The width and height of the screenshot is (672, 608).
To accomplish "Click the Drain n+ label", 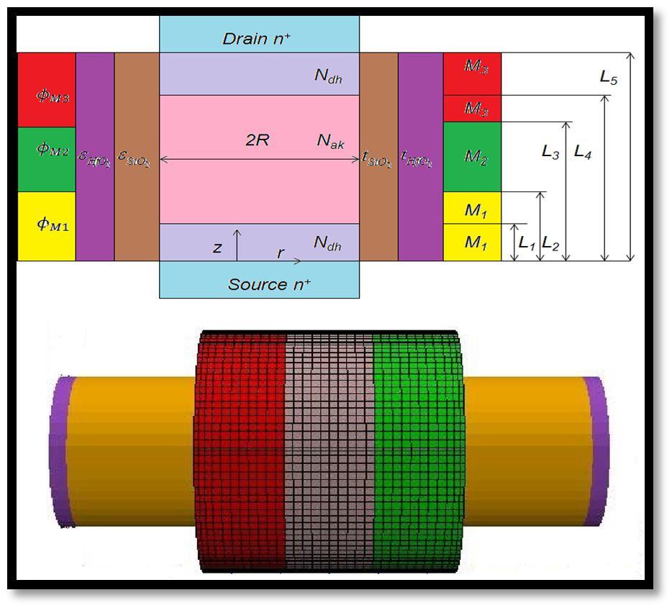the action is coord(257,38).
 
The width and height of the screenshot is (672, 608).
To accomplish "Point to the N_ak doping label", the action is coord(330,142).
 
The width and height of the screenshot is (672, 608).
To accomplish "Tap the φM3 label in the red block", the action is coord(53,96).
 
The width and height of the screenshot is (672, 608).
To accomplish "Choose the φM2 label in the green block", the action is coord(53,150).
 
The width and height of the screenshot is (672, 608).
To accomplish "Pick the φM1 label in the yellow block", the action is coord(53,224).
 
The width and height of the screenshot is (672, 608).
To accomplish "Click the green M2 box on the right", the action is coord(472,157).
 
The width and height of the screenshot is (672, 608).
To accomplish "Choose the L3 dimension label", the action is coord(550,152).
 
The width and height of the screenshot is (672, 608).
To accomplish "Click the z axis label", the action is coord(217,248).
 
